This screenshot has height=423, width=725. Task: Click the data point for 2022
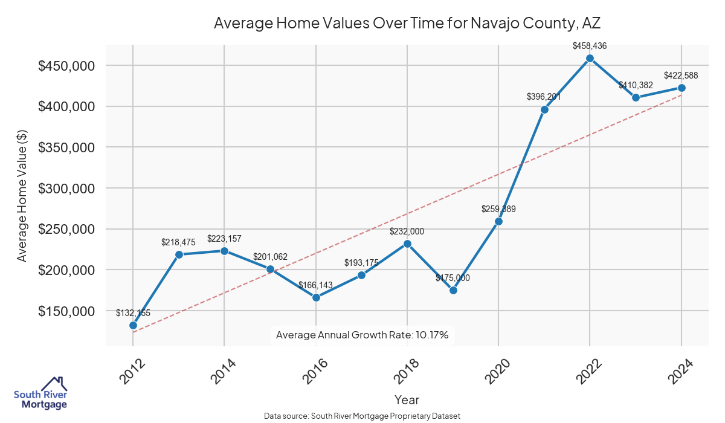(590, 59)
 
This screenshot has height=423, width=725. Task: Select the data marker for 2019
(453, 290)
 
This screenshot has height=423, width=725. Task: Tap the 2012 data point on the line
(133, 325)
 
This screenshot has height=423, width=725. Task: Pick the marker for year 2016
(316, 297)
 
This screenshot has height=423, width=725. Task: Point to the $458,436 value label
(590, 45)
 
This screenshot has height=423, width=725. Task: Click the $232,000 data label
(407, 231)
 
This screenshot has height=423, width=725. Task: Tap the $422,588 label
(681, 76)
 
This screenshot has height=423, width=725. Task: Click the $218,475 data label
(179, 242)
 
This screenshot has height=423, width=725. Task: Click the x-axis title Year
(407, 399)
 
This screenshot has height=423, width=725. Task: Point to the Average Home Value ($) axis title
(22, 196)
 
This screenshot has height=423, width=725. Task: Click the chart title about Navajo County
(407, 24)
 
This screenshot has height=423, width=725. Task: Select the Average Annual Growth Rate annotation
(362, 335)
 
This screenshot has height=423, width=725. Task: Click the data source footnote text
(362, 416)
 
